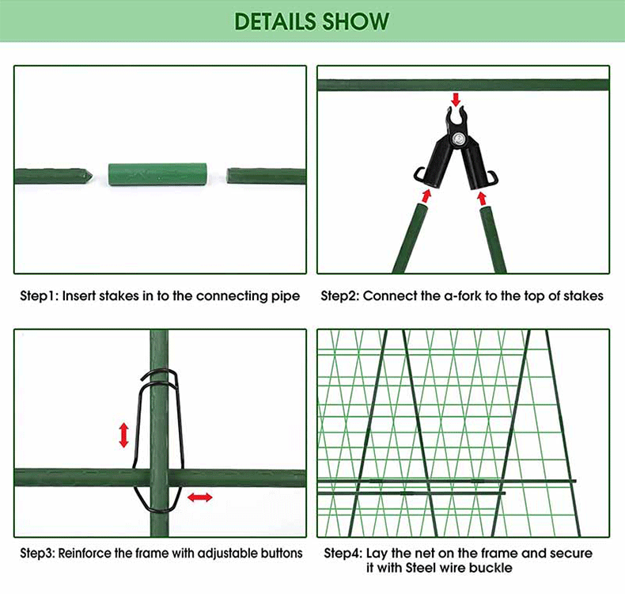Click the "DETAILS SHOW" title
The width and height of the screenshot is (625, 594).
(312, 21)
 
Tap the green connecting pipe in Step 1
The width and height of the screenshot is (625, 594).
(157, 173)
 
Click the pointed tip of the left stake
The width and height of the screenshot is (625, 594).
(90, 174)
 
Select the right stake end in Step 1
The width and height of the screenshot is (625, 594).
(265, 175)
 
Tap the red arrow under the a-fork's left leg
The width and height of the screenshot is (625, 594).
(426, 196)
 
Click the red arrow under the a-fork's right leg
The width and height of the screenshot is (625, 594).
(483, 197)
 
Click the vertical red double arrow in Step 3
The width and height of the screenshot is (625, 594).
(124, 434)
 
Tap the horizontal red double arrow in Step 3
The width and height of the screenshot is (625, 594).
(199, 497)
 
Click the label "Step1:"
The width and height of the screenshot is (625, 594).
(39, 296)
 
